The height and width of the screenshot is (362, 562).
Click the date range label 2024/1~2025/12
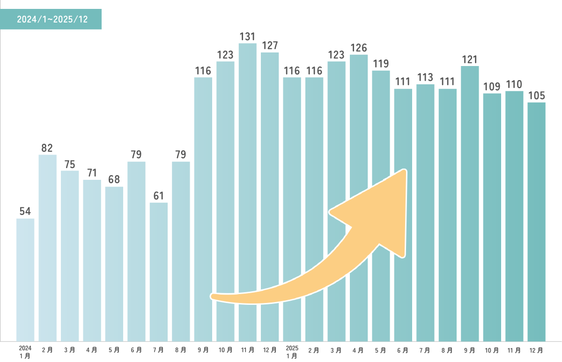pos(52,20)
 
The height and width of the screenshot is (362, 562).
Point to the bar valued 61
pos(158,271)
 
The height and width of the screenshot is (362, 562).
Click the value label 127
pos(270,45)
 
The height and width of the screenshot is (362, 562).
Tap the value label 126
pos(358,48)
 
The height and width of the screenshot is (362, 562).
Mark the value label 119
pos(381,64)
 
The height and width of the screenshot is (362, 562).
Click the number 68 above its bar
pos(114,180)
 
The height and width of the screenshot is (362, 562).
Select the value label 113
pos(425,77)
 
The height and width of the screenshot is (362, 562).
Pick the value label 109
pos(492,87)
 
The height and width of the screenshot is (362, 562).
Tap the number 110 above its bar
pos(514,84)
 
